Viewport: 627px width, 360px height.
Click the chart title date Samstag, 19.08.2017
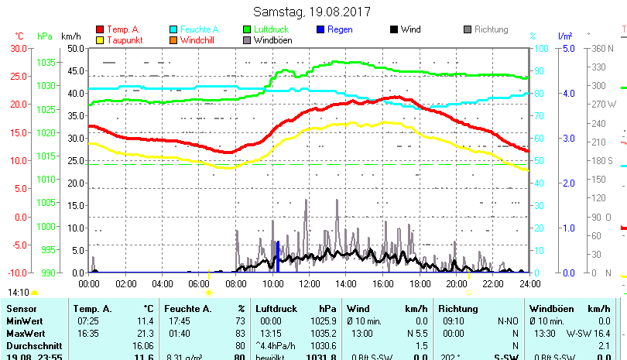[312, 12]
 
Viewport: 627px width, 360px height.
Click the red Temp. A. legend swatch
[99, 29]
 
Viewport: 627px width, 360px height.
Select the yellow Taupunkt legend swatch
[99, 39]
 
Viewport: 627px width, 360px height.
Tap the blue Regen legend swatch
[321, 29]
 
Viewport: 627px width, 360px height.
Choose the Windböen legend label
[273, 39]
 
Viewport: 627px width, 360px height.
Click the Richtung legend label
[492, 29]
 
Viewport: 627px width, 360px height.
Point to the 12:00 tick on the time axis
[309, 283]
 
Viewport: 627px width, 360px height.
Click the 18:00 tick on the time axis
[419, 283]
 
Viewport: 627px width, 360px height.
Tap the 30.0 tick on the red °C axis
[17, 48]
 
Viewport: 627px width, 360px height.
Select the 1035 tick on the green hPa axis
[46, 62]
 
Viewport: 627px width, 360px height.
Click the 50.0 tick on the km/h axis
[74, 48]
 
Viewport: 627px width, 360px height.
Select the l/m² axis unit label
[565, 36]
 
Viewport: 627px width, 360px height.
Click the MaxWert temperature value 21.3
[146, 333]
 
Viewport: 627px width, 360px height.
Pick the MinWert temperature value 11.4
[146, 321]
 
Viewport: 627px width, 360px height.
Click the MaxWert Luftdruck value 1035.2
[324, 333]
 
